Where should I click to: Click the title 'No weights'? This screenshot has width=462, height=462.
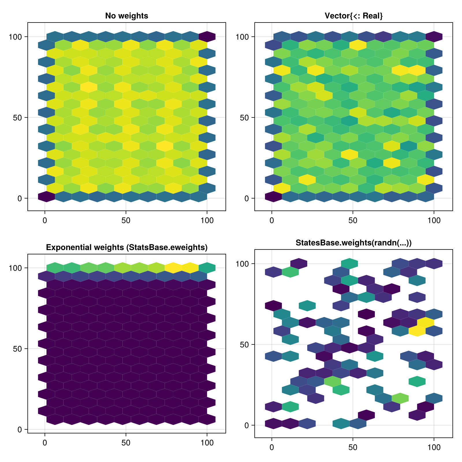click(126, 16)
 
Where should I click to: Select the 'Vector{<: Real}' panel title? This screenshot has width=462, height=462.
click(353, 16)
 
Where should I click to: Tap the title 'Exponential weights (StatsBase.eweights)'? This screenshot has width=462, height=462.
click(126, 247)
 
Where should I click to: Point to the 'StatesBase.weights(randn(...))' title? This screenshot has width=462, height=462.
click(353, 243)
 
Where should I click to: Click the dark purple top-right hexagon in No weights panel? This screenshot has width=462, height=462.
click(207, 37)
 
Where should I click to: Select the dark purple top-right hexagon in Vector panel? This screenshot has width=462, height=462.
click(434, 37)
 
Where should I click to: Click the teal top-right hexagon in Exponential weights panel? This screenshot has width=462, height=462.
click(207, 268)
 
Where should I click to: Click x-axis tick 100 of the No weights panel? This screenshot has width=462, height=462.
click(207, 220)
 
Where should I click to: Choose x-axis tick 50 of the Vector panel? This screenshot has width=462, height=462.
click(353, 220)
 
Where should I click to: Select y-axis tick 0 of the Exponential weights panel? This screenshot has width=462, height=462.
click(20, 430)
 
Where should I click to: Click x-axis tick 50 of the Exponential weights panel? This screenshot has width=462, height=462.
click(126, 443)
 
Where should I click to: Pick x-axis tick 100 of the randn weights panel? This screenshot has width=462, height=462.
click(434, 447)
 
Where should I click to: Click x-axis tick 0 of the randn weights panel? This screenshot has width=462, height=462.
click(272, 447)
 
